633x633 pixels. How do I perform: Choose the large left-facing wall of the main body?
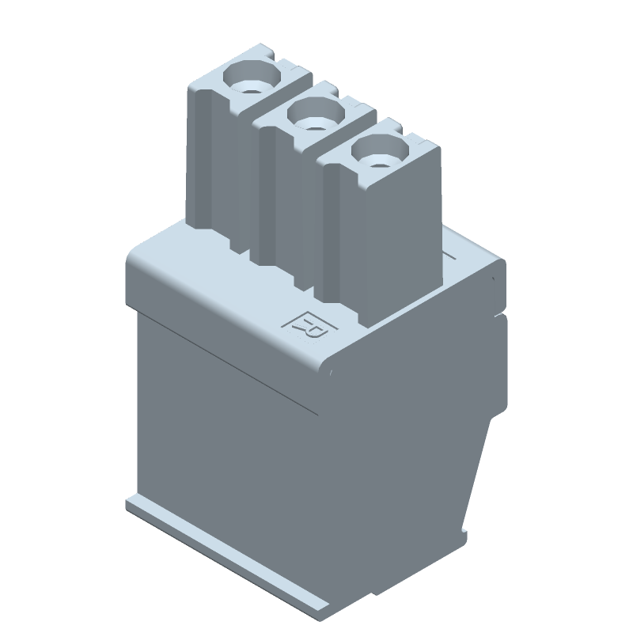click(229, 443)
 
